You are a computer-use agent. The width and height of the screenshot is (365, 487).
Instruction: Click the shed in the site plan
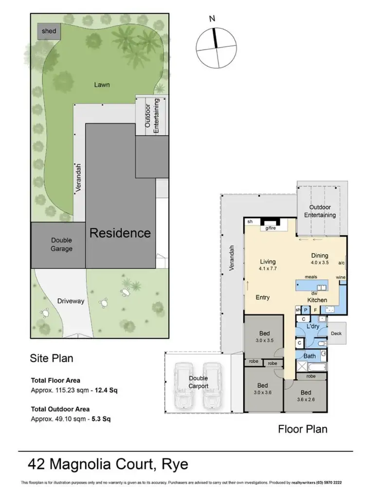click(x=49, y=32)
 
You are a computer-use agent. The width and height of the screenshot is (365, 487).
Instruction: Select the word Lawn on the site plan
click(x=102, y=85)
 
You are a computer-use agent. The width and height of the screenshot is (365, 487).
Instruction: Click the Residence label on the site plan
click(x=120, y=233)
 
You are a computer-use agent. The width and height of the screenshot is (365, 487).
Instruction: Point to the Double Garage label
click(x=62, y=244)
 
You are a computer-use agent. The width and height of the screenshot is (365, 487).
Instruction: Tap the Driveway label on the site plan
click(x=71, y=301)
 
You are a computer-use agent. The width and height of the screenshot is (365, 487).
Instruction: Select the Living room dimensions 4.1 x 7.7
click(x=268, y=268)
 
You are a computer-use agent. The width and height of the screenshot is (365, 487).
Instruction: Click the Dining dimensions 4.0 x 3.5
click(x=320, y=262)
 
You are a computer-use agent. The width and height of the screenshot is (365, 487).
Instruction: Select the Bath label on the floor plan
click(x=310, y=356)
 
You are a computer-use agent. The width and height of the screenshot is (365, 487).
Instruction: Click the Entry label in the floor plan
click(x=262, y=297)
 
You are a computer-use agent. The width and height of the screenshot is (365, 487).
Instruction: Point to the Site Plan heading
click(x=52, y=358)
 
